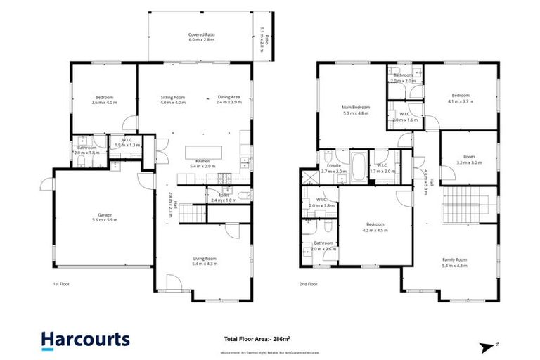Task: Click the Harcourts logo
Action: [85, 340]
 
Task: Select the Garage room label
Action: [104, 218]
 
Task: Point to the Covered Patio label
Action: [200, 37]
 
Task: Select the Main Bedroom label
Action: [356, 110]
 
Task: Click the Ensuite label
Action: [333, 169]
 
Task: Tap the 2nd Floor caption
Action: [308, 284]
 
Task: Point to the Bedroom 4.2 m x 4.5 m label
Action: [374, 228]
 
